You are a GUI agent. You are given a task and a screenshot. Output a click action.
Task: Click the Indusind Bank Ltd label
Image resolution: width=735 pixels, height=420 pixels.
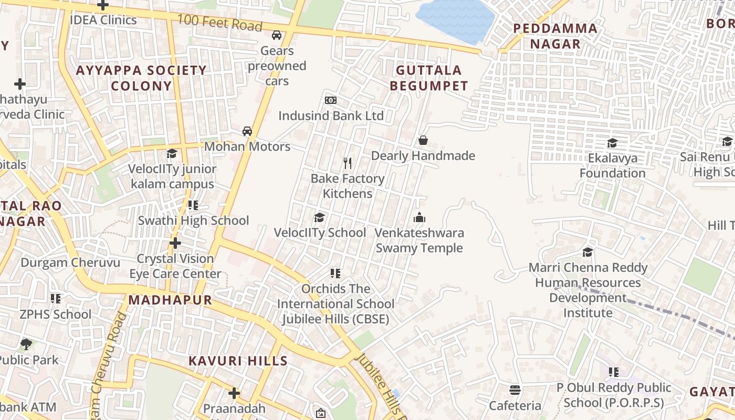(x=331, y=115)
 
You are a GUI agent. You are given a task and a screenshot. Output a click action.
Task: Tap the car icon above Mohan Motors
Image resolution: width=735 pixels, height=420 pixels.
(x=247, y=131)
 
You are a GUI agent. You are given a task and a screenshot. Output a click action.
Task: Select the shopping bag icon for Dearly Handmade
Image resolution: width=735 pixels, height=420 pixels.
(x=423, y=140)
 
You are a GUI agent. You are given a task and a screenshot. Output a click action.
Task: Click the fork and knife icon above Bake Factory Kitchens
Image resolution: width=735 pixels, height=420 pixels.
(x=347, y=163)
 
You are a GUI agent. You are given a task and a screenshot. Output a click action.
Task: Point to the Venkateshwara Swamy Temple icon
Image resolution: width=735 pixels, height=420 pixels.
(x=419, y=217)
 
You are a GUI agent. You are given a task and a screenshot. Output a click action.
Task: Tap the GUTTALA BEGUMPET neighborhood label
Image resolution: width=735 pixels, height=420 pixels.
(x=429, y=78)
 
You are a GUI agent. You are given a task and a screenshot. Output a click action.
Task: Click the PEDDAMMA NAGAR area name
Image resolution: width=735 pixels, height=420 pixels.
(x=555, y=36)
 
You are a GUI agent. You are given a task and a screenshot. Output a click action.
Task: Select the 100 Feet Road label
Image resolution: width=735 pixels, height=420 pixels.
(x=219, y=23)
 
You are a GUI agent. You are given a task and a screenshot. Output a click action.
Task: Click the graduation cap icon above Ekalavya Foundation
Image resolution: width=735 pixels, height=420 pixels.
(x=612, y=143)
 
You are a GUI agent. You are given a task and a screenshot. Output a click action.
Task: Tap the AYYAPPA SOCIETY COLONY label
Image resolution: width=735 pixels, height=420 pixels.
(x=141, y=78)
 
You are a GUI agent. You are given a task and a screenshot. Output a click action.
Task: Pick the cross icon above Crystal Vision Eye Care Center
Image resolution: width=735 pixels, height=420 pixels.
(x=175, y=243)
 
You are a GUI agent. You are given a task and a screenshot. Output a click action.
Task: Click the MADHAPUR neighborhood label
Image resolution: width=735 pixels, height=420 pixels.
(x=170, y=300)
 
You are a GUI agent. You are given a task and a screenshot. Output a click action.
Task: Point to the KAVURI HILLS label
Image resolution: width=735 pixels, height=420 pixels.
(x=238, y=361)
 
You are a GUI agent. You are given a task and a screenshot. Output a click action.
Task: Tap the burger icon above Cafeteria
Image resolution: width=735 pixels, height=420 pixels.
(x=514, y=390)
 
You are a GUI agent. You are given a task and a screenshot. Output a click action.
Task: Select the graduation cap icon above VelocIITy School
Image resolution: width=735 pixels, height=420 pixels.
(x=319, y=217)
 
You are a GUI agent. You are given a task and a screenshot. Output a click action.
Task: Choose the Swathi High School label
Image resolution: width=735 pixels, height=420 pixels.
(x=193, y=220)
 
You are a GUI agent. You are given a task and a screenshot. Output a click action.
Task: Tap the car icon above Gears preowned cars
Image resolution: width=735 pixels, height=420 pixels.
(x=276, y=35)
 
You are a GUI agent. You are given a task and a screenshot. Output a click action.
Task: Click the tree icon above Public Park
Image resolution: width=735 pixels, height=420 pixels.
(x=26, y=345)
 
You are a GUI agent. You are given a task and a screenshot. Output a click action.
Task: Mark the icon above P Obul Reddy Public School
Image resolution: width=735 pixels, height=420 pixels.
(x=613, y=372)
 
